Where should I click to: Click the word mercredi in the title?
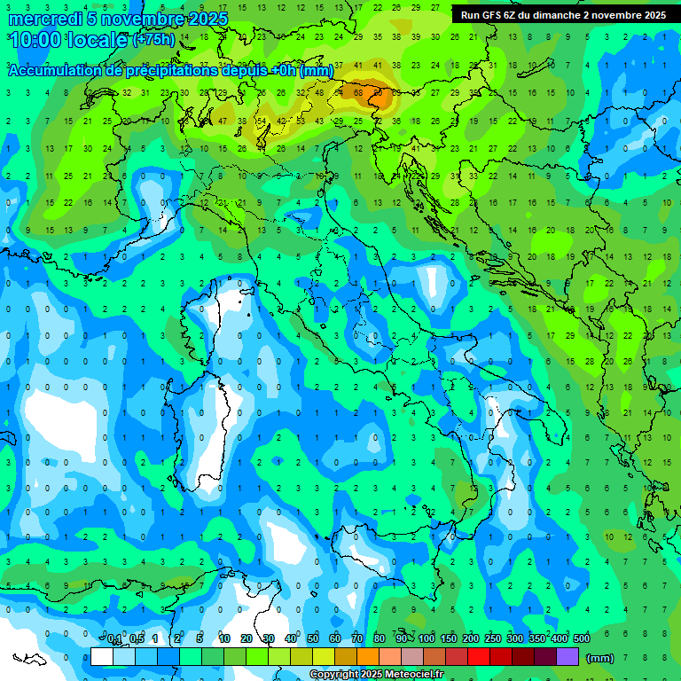(47, 19)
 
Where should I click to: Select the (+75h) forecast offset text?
(153, 40)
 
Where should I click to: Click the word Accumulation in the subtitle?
(56, 71)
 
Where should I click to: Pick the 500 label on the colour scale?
(582, 639)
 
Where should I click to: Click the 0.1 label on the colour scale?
(113, 639)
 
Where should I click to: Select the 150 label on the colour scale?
(449, 639)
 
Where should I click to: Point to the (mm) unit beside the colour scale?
(600, 658)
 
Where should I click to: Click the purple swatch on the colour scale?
(567, 657)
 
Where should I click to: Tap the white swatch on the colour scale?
(102, 657)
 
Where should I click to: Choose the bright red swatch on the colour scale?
(479, 657)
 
